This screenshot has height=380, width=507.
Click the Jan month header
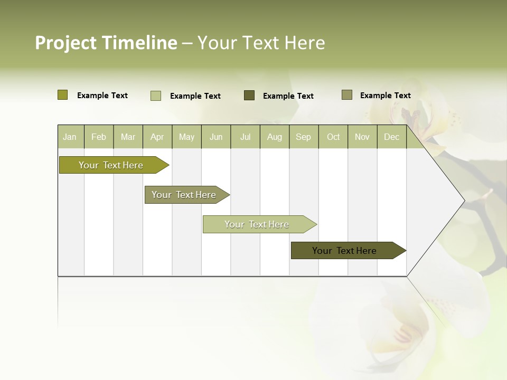tap(70, 137)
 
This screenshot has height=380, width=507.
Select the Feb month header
tap(99, 137)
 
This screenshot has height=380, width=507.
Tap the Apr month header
tap(157, 137)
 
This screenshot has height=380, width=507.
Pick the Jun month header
tap(216, 137)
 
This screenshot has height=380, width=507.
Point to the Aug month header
tap(275, 137)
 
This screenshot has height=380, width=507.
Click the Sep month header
tap(303, 137)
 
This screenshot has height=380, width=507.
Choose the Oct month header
tap(333, 137)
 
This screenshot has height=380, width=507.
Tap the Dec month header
tap(392, 137)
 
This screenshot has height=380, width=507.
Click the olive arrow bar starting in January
tap(111, 165)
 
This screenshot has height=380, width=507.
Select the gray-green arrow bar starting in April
tap(184, 195)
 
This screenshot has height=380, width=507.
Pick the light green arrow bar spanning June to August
tap(257, 224)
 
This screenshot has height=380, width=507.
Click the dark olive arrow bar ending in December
tap(344, 251)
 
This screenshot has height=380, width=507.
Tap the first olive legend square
tap(63, 95)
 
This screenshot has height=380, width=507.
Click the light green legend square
tap(156, 96)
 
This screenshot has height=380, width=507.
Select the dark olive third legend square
tap(249, 96)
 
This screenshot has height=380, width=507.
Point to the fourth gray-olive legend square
tap(347, 95)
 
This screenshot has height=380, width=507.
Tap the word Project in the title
tap(65, 43)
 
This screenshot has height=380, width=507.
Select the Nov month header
tap(362, 137)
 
